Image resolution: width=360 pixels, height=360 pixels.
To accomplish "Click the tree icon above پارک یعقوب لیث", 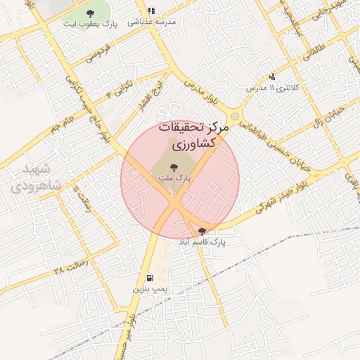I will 89,13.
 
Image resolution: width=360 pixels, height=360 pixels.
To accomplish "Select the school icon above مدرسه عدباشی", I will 151,11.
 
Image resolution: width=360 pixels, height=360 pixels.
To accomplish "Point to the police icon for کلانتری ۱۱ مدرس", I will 272,77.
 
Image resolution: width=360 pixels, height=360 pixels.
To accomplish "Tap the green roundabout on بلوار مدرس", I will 234,116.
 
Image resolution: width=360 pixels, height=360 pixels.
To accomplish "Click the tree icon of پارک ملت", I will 174,167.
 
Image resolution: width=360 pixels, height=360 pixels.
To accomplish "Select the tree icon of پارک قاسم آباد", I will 202,231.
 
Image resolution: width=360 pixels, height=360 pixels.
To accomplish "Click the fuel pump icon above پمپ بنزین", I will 149,277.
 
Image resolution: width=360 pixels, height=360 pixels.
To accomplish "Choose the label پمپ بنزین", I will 148,288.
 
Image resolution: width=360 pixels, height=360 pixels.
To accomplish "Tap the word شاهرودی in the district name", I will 36,186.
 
